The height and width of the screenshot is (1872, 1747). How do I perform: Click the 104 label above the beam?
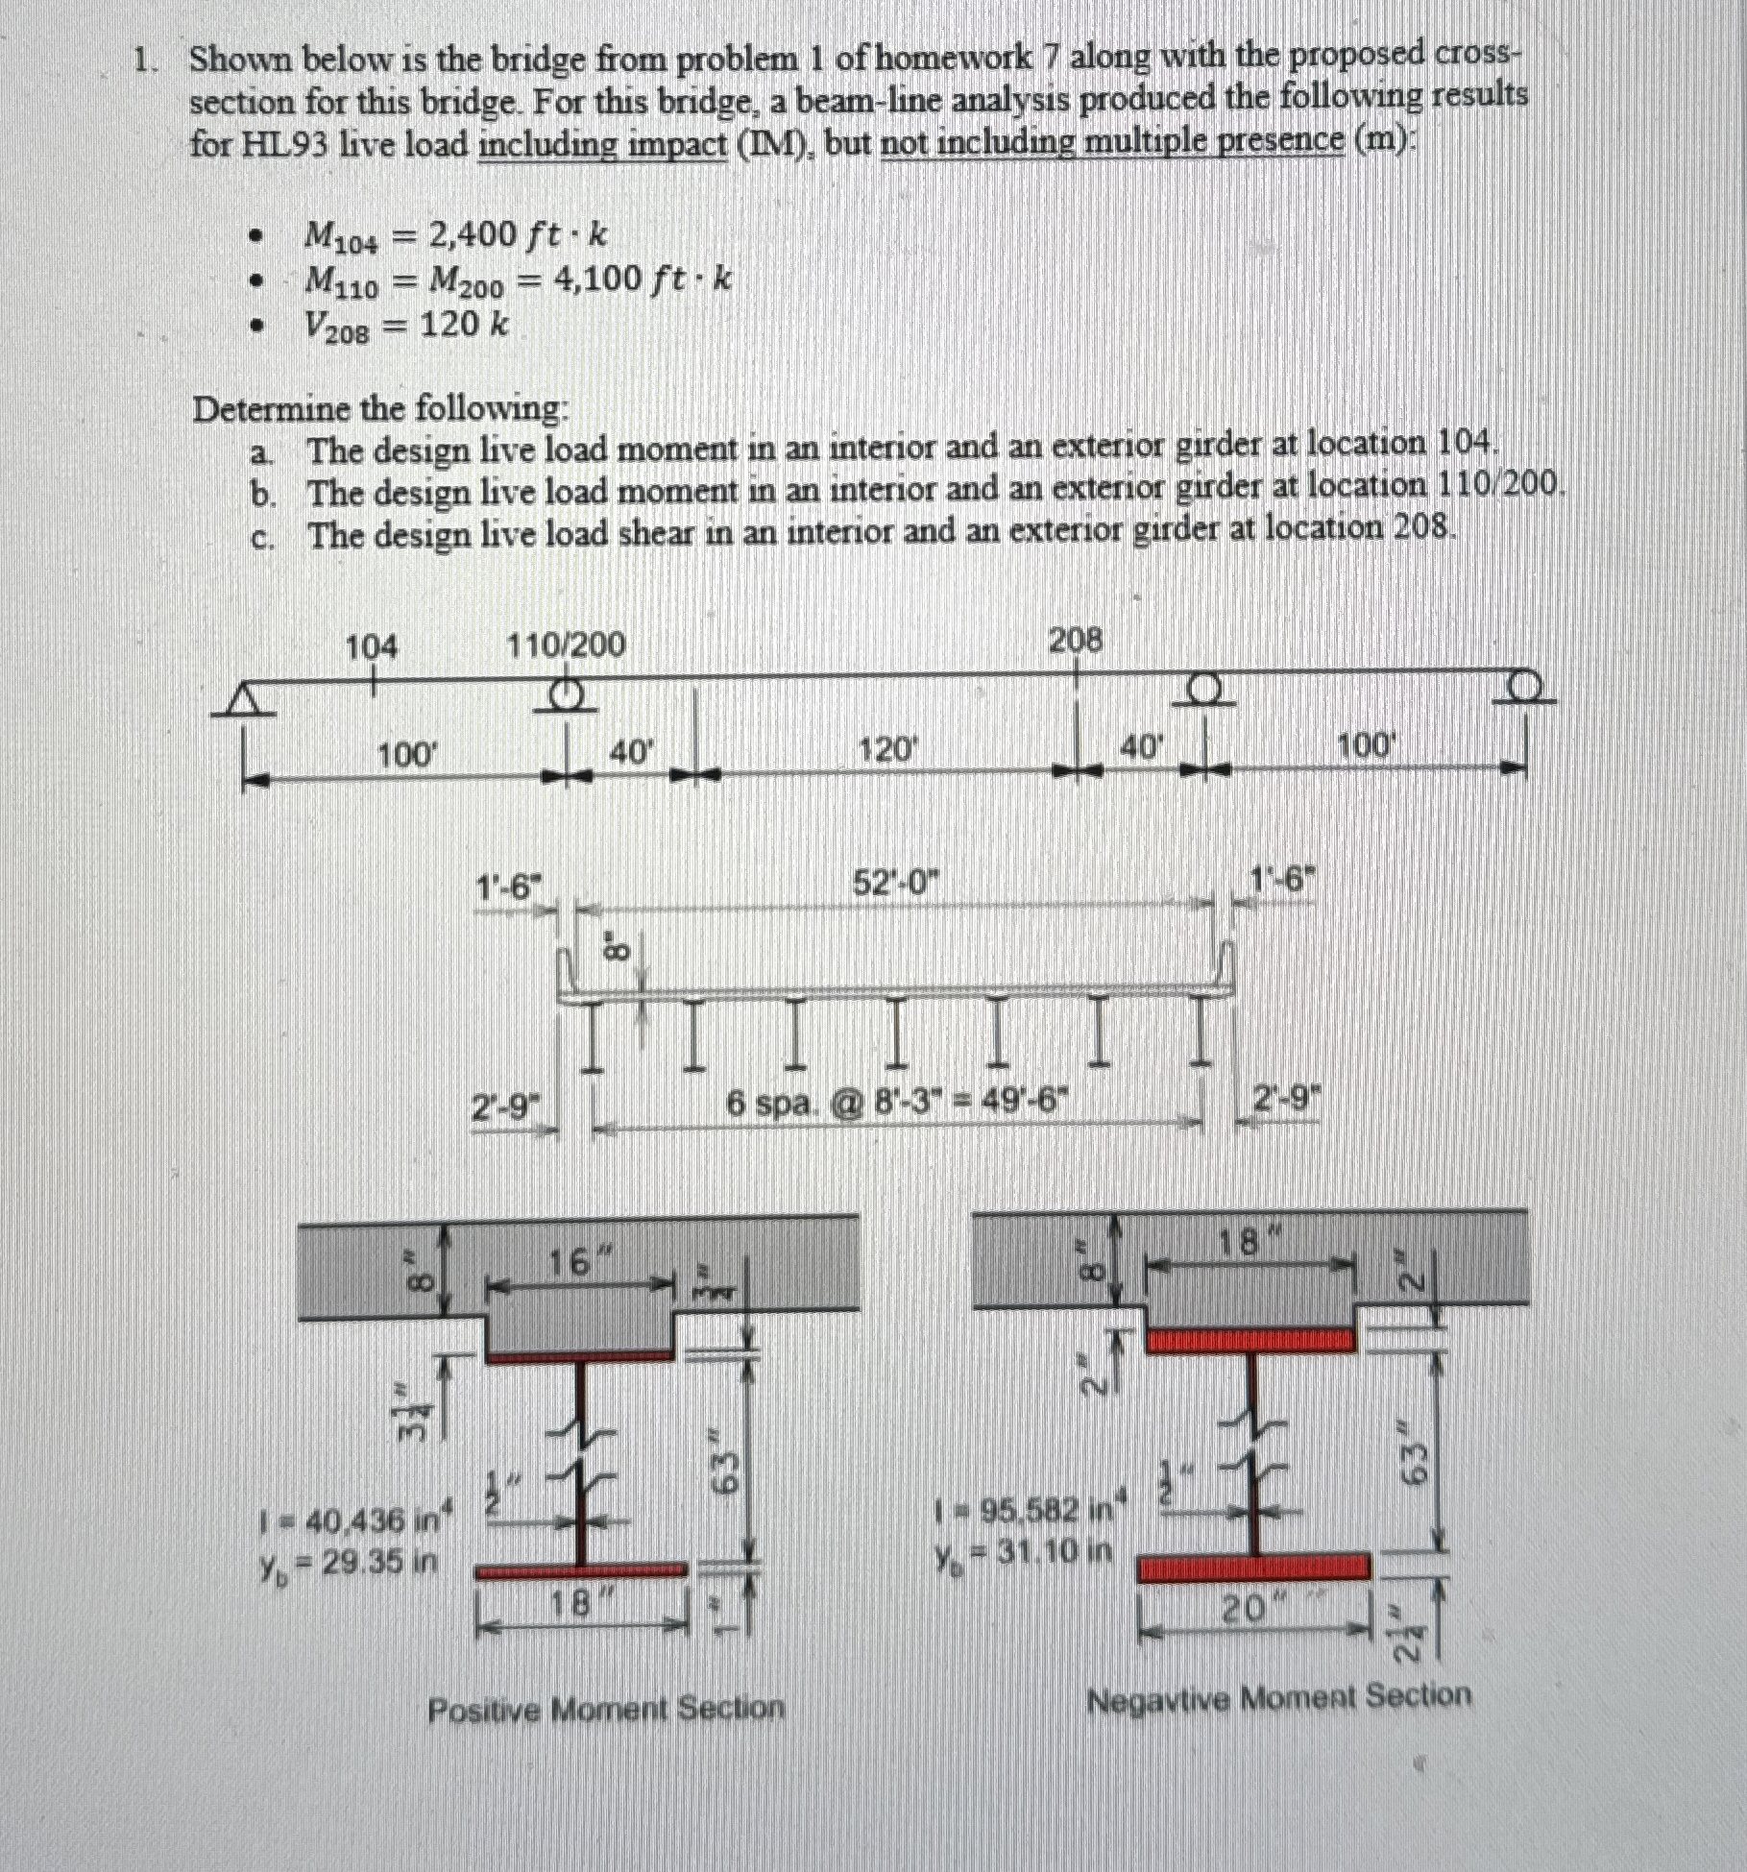371,647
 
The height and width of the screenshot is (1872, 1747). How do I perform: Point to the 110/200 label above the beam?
566,644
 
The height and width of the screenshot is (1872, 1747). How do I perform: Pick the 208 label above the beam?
1075,639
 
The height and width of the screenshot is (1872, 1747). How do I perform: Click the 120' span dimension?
886,750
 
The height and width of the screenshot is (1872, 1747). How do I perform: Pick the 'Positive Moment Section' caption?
605,1710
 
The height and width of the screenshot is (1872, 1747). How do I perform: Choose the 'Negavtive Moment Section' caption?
1277,1698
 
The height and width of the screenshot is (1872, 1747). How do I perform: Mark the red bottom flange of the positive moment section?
582,1570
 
